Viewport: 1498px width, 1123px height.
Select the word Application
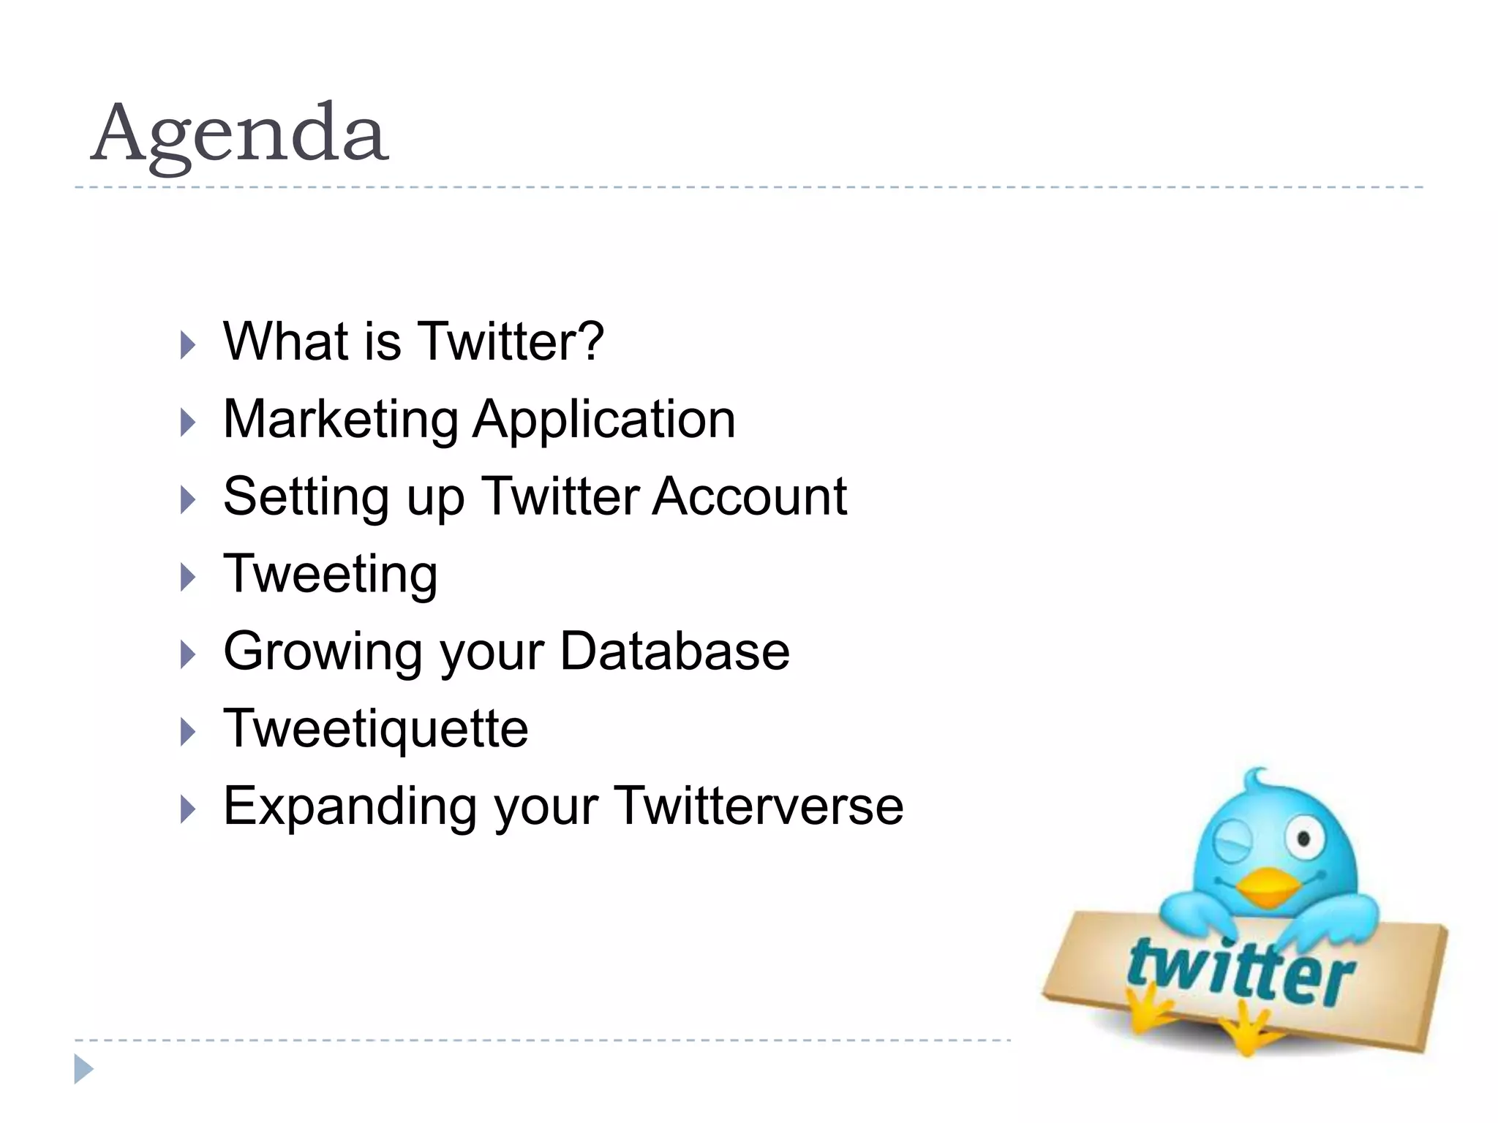point(604,420)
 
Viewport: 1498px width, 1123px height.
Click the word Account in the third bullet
point(749,497)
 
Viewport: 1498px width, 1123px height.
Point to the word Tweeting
point(331,575)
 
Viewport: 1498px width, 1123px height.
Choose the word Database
point(674,651)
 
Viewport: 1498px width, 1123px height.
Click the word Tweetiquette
point(375,729)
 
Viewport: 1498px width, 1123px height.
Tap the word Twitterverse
point(759,806)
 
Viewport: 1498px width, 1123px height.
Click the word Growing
point(322,652)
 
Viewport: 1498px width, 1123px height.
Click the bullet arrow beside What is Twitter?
point(188,345)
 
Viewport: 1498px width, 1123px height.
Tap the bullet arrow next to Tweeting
point(188,578)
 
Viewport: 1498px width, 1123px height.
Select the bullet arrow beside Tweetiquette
point(188,732)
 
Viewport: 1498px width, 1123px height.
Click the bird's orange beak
point(1268,885)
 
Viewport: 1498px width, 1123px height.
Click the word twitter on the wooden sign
point(1241,972)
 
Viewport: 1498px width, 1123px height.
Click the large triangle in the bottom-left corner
point(83,1069)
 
